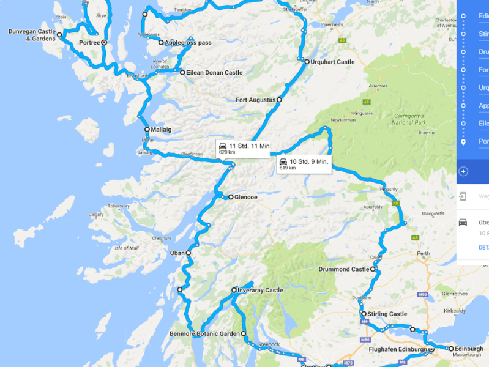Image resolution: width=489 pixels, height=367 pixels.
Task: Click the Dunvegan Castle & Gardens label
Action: tap(31, 34)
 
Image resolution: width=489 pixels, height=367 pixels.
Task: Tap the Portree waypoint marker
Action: tap(105, 43)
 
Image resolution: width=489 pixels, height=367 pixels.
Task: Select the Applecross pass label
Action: tap(189, 43)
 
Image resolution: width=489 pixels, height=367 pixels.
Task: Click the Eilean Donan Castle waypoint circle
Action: tap(182, 73)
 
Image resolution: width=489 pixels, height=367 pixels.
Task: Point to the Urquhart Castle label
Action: tap(334, 62)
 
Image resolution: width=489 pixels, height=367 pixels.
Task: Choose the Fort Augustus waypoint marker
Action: tap(279, 99)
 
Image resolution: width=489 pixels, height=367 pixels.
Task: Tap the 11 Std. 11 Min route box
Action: tap(244, 148)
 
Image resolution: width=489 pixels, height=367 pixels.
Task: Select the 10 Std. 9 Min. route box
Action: tap(304, 164)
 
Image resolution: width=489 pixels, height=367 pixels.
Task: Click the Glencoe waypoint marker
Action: tap(231, 197)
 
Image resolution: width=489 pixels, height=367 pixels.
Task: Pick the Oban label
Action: tap(177, 253)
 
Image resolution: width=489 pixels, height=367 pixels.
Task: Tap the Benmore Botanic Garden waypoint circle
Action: tap(244, 334)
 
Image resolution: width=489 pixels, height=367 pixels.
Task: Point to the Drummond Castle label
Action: tap(344, 269)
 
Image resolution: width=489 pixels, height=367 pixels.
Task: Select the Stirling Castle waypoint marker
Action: tap(364, 314)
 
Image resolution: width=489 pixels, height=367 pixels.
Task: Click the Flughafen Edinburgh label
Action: tap(398, 349)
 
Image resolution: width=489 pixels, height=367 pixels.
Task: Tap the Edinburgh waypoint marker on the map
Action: tap(451, 349)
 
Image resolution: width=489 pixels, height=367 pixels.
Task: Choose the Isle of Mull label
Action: tap(126, 248)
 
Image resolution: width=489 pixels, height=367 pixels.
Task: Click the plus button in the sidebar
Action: tap(463, 171)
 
